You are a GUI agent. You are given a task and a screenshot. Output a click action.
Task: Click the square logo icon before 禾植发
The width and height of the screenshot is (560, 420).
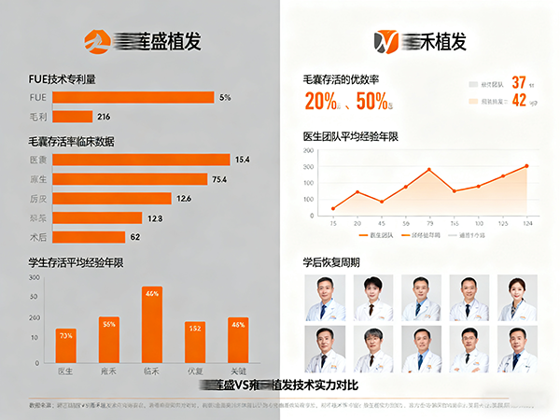(x=385, y=40)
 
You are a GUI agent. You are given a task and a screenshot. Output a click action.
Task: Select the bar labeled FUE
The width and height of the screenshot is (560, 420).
(x=133, y=97)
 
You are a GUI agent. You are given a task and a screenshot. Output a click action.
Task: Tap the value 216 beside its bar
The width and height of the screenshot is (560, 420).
(x=104, y=117)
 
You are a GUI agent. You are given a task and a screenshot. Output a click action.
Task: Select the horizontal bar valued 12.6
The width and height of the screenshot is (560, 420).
(x=112, y=198)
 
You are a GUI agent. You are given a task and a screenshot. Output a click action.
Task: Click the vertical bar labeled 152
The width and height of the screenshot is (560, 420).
(x=195, y=342)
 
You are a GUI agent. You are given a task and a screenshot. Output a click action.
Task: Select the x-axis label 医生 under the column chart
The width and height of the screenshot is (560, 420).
(x=65, y=371)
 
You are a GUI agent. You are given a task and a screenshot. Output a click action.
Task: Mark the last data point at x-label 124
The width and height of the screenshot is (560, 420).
(x=526, y=166)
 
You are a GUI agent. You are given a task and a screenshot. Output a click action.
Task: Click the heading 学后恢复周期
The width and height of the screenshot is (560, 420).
(x=331, y=262)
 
